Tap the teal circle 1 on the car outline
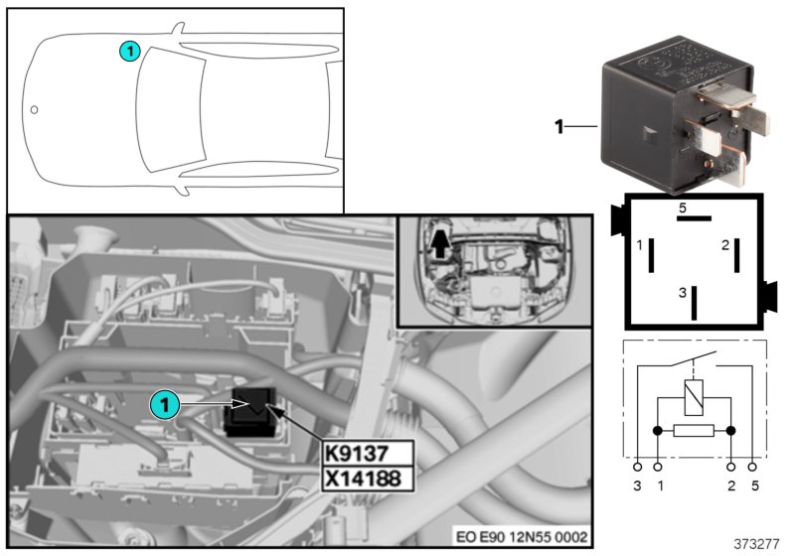[x=129, y=50]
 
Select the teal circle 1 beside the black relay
[x=165, y=404]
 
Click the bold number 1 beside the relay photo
[x=558, y=126]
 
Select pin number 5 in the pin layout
[x=683, y=208]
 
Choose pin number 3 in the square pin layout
[x=682, y=293]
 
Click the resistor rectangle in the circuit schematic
[x=693, y=432]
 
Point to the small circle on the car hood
[x=33, y=109]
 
